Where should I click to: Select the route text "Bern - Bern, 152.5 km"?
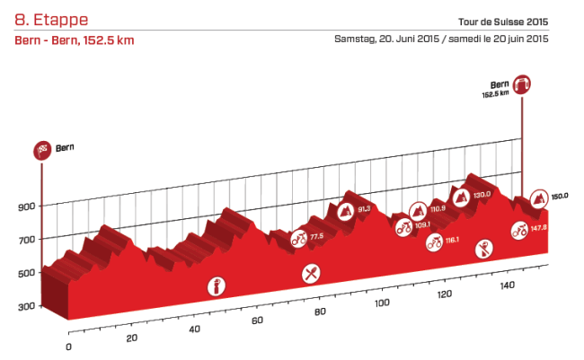(75, 41)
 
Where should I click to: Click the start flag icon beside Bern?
(41, 149)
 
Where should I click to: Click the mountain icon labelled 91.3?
(344, 212)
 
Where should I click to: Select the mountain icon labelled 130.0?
(461, 196)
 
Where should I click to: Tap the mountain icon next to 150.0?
(538, 198)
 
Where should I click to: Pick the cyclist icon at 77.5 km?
(298, 239)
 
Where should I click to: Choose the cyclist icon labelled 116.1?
(434, 241)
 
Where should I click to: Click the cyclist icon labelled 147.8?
(518, 229)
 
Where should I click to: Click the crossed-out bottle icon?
(485, 248)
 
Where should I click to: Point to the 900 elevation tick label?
(25, 206)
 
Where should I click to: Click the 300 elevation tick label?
(25, 307)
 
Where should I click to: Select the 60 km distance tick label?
(258, 321)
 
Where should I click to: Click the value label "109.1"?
(424, 224)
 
